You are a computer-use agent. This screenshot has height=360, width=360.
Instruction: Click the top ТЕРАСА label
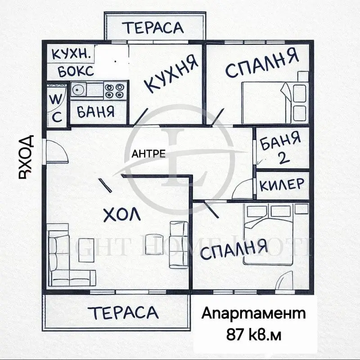[154, 27]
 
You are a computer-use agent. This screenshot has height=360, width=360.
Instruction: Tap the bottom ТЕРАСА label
[123, 312]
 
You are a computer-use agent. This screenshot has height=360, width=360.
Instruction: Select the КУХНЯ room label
[171, 74]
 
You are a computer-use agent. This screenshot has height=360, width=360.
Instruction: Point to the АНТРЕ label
[148, 153]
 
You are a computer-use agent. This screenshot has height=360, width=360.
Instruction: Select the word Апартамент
[253, 313]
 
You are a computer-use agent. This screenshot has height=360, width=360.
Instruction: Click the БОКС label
[76, 71]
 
